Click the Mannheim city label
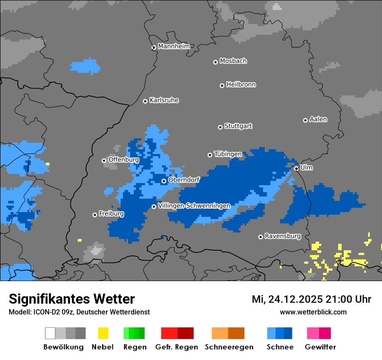(x=174, y=46)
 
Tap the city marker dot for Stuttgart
(x=220, y=127)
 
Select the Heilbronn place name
(x=241, y=85)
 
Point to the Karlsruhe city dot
(x=145, y=101)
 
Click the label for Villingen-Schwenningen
(x=194, y=206)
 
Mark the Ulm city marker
(x=296, y=168)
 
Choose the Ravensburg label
(x=283, y=236)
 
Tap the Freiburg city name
(x=111, y=214)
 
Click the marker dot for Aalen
(x=305, y=120)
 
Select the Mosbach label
(x=233, y=61)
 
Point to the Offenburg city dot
(x=104, y=160)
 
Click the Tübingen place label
(x=228, y=154)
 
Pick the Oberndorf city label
(x=184, y=180)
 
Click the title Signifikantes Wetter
(x=72, y=299)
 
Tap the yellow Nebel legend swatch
(x=103, y=333)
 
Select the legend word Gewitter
(x=320, y=347)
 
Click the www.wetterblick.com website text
(x=313, y=312)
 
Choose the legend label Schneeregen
(x=229, y=347)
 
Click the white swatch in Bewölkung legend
(x=50, y=333)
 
